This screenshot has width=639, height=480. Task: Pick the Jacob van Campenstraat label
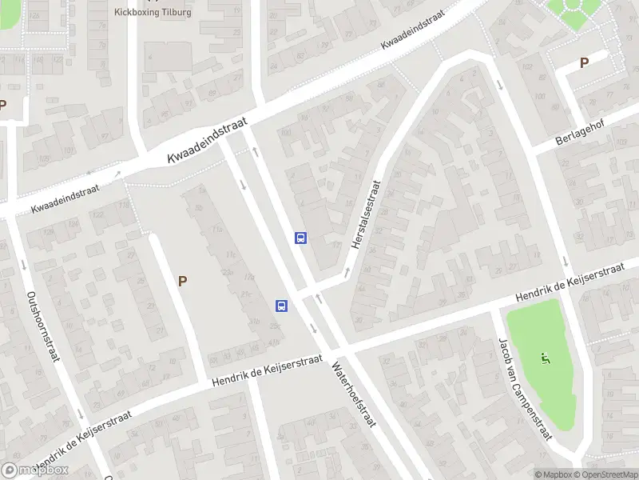(524, 388)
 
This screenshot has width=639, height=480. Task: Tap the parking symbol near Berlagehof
(584, 62)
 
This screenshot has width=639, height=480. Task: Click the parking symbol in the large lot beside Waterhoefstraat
(183, 281)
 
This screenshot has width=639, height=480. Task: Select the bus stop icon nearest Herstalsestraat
(301, 238)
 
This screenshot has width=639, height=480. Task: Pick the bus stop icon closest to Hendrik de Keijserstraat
(281, 306)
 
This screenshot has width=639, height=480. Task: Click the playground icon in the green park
(546, 357)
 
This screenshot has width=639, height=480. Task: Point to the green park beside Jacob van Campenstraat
(543, 376)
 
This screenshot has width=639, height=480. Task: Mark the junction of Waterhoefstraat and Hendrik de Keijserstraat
(339, 349)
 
